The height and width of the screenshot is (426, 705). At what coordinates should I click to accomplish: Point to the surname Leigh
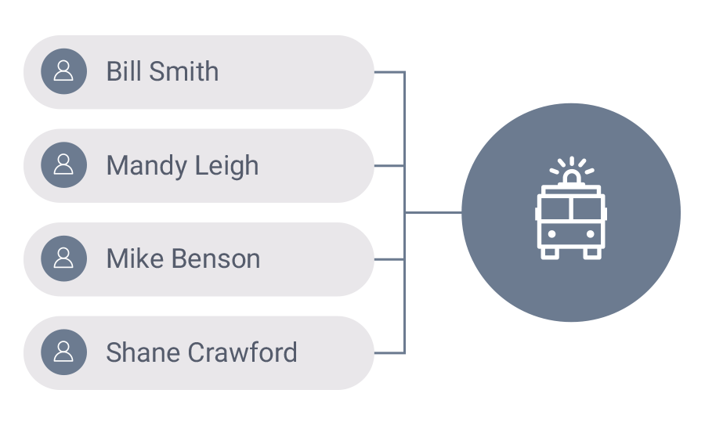[x=228, y=166]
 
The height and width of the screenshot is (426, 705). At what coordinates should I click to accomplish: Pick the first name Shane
[x=141, y=352]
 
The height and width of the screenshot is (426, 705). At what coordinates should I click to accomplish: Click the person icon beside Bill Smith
[x=63, y=72]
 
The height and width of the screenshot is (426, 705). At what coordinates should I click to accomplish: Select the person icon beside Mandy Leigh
[x=63, y=165]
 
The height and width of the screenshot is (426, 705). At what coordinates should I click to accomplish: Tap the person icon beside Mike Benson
[x=63, y=259]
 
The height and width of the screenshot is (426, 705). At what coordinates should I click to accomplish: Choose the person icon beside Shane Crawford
[x=63, y=352]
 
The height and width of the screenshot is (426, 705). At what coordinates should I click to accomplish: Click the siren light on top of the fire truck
[x=571, y=179]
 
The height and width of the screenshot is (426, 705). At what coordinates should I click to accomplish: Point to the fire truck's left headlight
[x=553, y=233]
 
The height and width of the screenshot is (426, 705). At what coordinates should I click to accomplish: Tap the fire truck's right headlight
[x=589, y=233]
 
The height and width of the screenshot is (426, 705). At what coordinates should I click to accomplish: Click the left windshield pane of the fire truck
[x=555, y=209]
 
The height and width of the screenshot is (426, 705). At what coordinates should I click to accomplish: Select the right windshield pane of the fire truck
[x=587, y=209]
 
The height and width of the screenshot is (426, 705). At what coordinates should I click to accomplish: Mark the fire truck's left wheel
[x=551, y=252]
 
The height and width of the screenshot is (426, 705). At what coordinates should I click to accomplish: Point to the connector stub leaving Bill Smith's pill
[x=389, y=72]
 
